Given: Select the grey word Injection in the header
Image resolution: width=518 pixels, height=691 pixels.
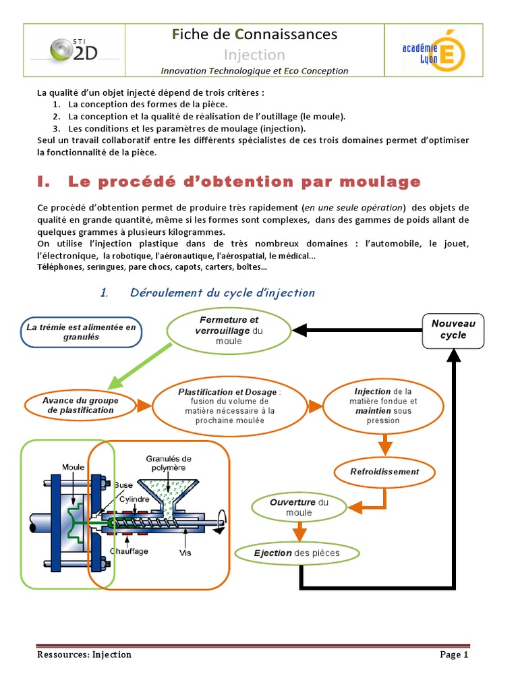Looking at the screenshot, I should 254,55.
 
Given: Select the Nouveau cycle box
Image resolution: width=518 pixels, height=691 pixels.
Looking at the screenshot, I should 453,330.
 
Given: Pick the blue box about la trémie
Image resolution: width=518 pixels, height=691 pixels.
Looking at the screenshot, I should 82,332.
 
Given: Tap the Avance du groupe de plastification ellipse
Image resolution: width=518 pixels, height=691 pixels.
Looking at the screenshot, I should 80,405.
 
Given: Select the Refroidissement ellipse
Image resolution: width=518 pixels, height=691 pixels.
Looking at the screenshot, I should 384,472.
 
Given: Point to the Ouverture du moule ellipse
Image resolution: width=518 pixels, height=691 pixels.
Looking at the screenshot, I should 299,507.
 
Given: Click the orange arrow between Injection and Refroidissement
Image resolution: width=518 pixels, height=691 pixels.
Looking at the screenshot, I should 384,445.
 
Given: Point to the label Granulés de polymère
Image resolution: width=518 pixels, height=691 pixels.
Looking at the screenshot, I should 169,462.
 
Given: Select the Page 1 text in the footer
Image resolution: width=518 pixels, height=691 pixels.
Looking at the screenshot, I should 454,655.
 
